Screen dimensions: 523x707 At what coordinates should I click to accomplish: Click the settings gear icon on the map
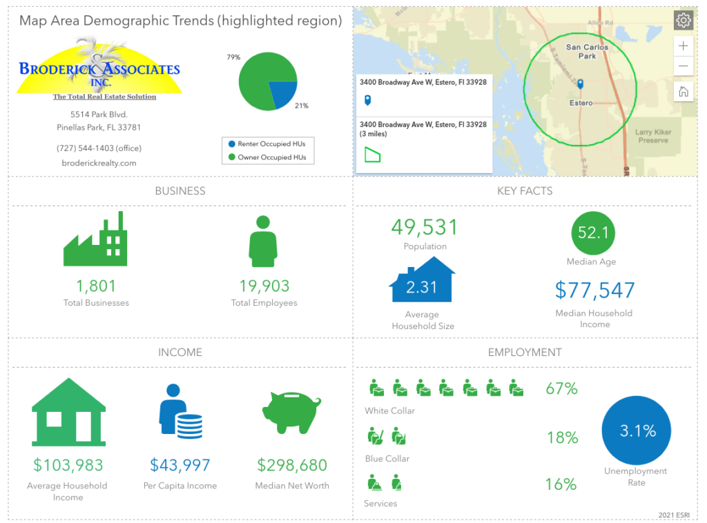click(x=684, y=20)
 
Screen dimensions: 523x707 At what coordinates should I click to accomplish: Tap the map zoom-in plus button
click(x=684, y=46)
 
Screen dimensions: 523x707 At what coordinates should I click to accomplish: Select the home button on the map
click(x=684, y=92)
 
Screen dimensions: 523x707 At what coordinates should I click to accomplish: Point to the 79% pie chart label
click(x=233, y=57)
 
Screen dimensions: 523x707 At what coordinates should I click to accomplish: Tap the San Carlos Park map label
click(x=587, y=52)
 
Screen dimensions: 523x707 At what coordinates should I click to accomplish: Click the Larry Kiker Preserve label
click(x=652, y=136)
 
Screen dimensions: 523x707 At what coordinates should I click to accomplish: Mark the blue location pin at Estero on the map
click(x=581, y=85)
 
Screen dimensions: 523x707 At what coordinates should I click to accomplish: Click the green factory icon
click(x=95, y=239)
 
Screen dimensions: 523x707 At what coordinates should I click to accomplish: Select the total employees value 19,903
click(x=264, y=286)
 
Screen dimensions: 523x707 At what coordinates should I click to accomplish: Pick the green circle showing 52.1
click(x=594, y=233)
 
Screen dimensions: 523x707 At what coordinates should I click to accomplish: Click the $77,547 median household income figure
click(x=595, y=290)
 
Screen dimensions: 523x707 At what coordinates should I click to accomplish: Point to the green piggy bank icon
click(x=291, y=411)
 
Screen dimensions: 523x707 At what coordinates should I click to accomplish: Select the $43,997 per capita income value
click(x=180, y=465)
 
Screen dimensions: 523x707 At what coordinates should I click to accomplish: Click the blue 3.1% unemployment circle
click(x=637, y=431)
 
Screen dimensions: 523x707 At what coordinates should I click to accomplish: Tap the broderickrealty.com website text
click(x=99, y=164)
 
